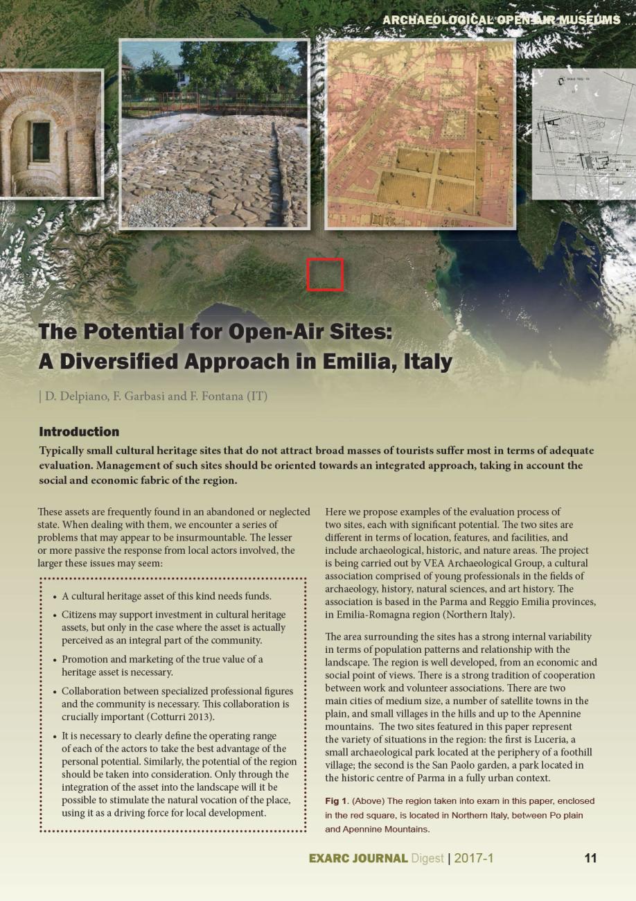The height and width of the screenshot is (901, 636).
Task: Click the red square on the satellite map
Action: (325, 274)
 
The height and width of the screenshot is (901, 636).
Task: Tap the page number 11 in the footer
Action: (590, 858)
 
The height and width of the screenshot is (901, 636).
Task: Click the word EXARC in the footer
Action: (332, 858)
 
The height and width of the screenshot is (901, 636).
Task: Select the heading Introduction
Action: (79, 432)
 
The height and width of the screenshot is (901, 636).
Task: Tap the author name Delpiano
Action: (71, 396)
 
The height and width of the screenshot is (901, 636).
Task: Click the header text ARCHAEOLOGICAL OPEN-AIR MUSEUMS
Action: (501, 20)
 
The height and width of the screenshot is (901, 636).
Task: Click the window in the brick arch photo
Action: (40, 141)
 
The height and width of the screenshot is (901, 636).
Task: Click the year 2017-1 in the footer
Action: (474, 858)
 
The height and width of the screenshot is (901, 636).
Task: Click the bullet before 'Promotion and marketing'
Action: (55, 660)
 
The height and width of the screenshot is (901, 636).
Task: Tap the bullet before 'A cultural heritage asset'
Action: (55, 596)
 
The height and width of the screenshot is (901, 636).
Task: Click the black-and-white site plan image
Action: (583, 134)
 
